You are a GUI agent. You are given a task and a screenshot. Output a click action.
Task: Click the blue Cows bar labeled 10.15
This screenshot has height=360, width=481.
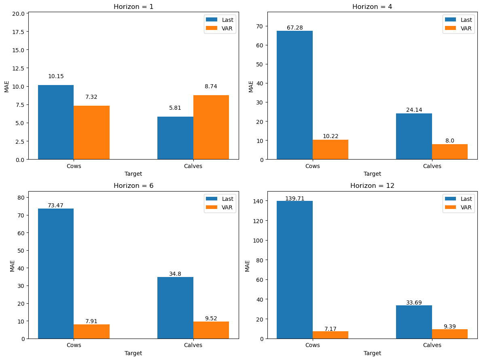pyautogui.click(x=56, y=122)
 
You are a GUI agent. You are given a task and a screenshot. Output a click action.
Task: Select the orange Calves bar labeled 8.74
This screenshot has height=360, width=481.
pyautogui.click(x=211, y=127)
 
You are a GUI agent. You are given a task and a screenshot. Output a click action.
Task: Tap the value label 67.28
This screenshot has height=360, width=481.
pyautogui.click(x=295, y=28)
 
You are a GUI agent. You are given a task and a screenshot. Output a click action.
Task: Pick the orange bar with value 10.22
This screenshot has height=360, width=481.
pyautogui.click(x=331, y=149)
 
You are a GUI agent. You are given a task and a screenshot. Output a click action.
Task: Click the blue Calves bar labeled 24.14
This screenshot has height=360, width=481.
pyautogui.click(x=414, y=136)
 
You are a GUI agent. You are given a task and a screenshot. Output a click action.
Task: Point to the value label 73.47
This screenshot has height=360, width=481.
pyautogui.click(x=55, y=205)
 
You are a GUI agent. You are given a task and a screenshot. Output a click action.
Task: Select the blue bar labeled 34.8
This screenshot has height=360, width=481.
pyautogui.click(x=175, y=308)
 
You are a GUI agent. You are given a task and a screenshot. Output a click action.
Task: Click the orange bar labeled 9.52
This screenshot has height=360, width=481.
pyautogui.click(x=211, y=330)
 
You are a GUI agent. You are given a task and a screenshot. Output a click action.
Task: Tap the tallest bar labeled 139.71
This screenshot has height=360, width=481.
pyautogui.click(x=295, y=270)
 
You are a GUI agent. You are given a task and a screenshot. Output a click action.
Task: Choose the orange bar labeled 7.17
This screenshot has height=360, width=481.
pyautogui.click(x=331, y=335)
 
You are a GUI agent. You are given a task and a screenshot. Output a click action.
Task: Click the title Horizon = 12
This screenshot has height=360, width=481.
pyautogui.click(x=372, y=185)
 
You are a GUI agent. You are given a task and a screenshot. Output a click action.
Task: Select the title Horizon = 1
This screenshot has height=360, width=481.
pyautogui.click(x=133, y=6)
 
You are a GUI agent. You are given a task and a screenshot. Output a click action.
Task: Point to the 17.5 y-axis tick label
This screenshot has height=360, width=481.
pyautogui.click(x=18, y=32)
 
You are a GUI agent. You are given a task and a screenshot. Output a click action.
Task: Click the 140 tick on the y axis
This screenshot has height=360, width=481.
pyautogui.click(x=259, y=201)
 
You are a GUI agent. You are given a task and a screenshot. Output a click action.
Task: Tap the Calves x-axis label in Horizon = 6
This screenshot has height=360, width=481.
pyautogui.click(x=193, y=345)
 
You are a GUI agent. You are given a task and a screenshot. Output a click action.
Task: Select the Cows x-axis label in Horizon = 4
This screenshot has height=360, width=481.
pyautogui.click(x=313, y=166)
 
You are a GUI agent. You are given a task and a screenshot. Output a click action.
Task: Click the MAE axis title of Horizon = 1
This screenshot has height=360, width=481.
pyautogui.click(x=7, y=87)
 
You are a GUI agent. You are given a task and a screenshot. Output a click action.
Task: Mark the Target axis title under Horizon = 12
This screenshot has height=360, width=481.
pyautogui.click(x=372, y=353)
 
